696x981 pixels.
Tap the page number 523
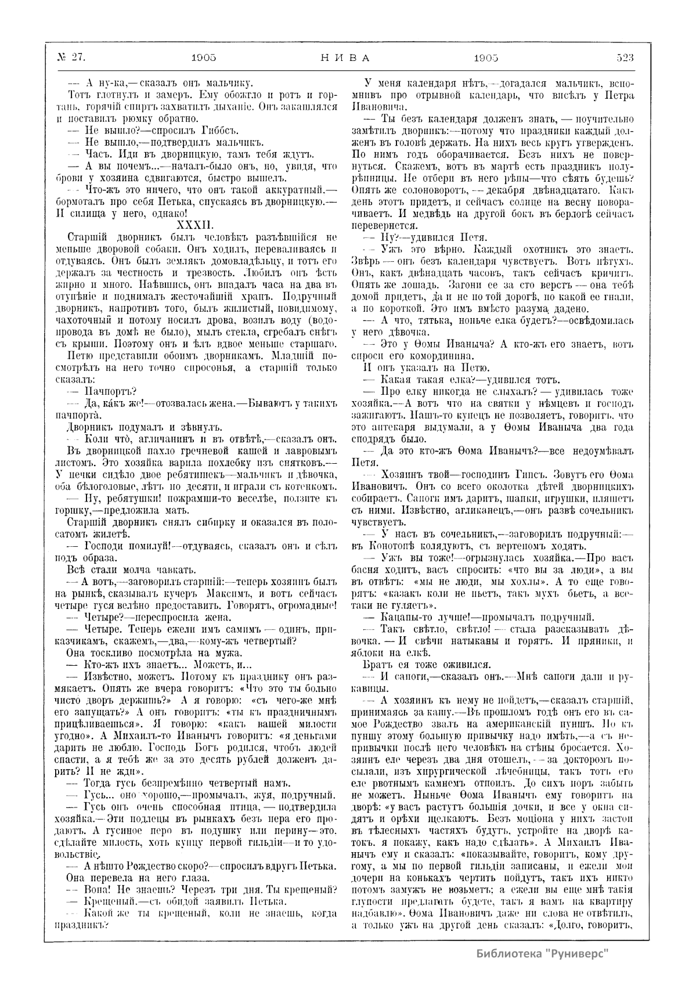coord(620,57)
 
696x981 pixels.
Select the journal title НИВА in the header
coord(345,57)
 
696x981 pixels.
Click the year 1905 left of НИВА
coord(204,57)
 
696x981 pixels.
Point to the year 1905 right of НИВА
coord(486,57)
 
